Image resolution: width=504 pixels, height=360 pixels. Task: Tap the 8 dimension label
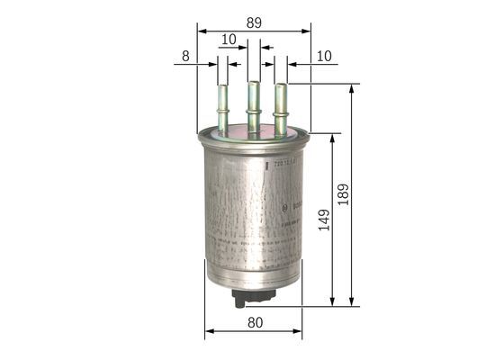(x=185, y=56)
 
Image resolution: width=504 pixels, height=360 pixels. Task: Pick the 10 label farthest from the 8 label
(x=324, y=56)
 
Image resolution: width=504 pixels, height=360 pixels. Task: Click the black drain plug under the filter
(x=244, y=296)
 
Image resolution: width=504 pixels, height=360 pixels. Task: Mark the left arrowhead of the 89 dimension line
(x=201, y=31)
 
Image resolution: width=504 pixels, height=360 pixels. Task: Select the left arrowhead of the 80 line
(x=209, y=332)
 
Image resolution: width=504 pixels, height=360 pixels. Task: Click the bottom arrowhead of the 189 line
(x=351, y=302)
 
